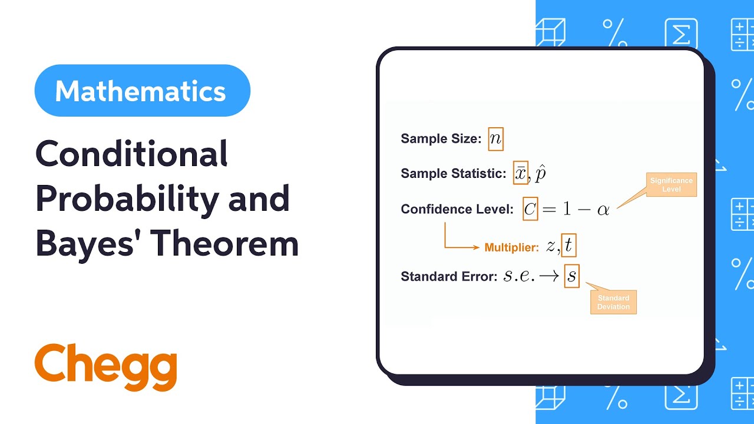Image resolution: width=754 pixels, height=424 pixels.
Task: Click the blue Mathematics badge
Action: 142,91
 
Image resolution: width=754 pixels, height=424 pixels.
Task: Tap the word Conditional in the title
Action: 131,155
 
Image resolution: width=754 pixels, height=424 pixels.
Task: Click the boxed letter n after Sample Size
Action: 495,138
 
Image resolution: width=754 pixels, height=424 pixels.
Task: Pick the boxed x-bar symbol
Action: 521,173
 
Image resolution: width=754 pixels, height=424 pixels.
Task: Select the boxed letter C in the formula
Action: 530,209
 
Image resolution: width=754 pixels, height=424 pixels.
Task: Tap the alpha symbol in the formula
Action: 603,210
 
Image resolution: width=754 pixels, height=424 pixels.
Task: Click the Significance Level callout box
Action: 671,185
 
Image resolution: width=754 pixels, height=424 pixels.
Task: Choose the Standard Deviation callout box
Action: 613,302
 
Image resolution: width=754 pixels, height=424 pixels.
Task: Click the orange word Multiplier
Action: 511,247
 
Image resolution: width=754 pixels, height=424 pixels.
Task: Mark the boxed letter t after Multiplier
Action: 568,246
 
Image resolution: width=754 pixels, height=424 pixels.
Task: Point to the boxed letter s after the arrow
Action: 571,276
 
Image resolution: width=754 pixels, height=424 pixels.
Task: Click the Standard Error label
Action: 449,276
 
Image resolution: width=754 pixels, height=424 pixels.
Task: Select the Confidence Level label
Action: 457,209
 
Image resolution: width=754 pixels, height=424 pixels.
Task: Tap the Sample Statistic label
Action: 453,173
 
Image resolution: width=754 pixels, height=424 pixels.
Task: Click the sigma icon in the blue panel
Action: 681,34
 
